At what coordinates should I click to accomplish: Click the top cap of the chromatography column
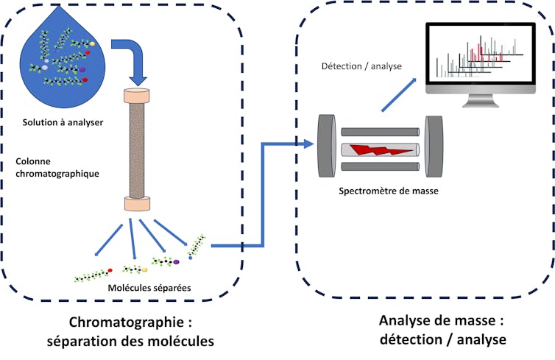137,95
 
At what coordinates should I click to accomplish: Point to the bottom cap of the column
137,205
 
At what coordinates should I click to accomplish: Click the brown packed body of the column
137,150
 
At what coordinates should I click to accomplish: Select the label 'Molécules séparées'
149,288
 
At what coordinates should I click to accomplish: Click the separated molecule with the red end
93,275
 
